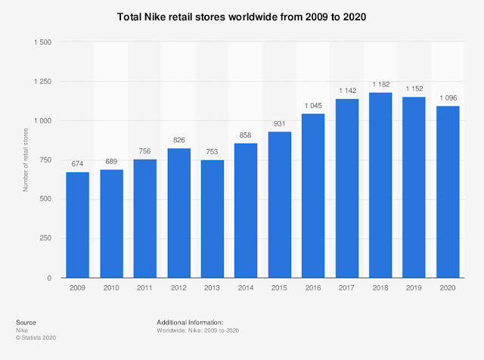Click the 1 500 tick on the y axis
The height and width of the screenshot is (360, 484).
coord(42,42)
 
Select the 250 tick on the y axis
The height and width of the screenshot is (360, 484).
coord(46,239)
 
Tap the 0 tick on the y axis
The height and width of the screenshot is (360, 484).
coord(50,278)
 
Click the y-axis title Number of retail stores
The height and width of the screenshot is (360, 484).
coord(25,160)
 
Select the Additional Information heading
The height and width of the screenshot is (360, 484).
coord(190,322)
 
